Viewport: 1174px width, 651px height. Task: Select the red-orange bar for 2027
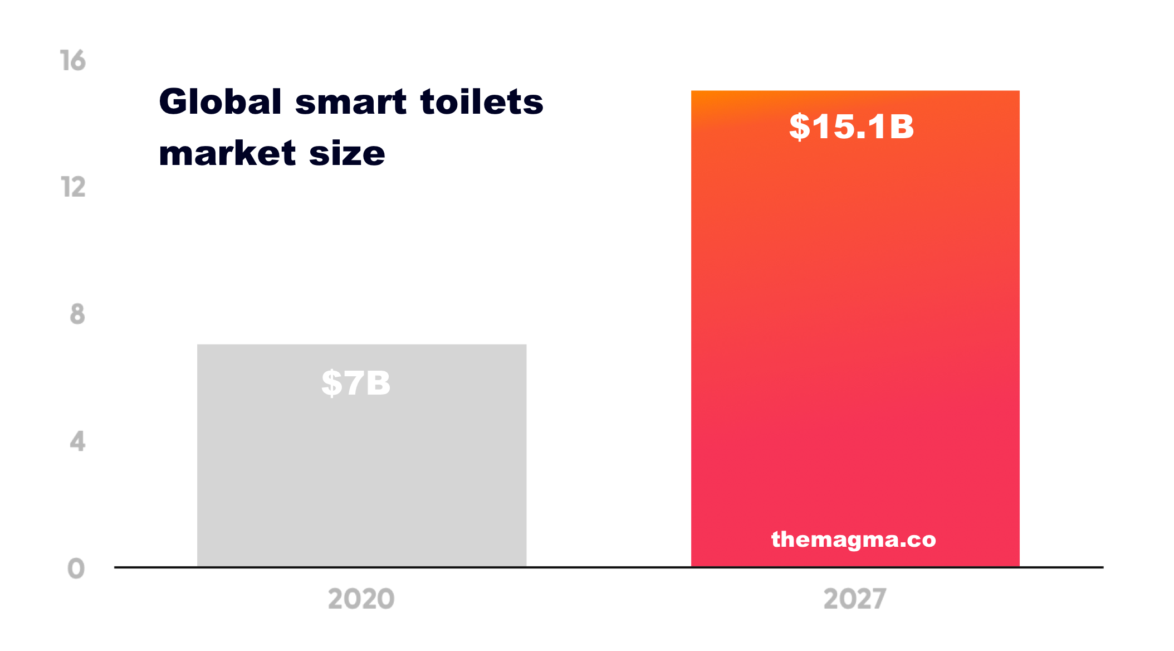tap(855, 334)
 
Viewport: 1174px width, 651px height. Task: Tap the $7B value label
tap(356, 383)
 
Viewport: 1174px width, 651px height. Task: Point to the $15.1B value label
tap(852, 127)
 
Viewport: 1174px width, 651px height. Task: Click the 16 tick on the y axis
tap(73, 61)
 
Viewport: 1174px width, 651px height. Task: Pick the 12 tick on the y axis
tap(73, 187)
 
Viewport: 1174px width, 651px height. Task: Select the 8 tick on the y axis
tap(77, 314)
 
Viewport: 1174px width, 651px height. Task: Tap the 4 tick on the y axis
tap(77, 441)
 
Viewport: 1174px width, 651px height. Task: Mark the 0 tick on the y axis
tap(76, 569)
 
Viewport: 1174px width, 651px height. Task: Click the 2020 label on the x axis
tap(361, 599)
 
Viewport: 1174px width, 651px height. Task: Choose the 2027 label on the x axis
tap(855, 599)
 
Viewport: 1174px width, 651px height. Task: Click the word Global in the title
tap(220, 102)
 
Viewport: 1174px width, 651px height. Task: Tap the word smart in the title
tap(350, 103)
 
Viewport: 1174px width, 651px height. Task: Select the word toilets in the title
tap(482, 102)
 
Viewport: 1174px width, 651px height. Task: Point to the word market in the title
tap(227, 153)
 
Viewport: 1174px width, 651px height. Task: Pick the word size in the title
tap(347, 153)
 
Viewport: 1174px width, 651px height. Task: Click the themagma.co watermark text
tap(853, 540)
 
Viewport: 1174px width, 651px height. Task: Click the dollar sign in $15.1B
tap(800, 127)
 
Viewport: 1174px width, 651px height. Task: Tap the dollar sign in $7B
tap(331, 383)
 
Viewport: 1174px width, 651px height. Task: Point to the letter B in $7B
tap(378, 383)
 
